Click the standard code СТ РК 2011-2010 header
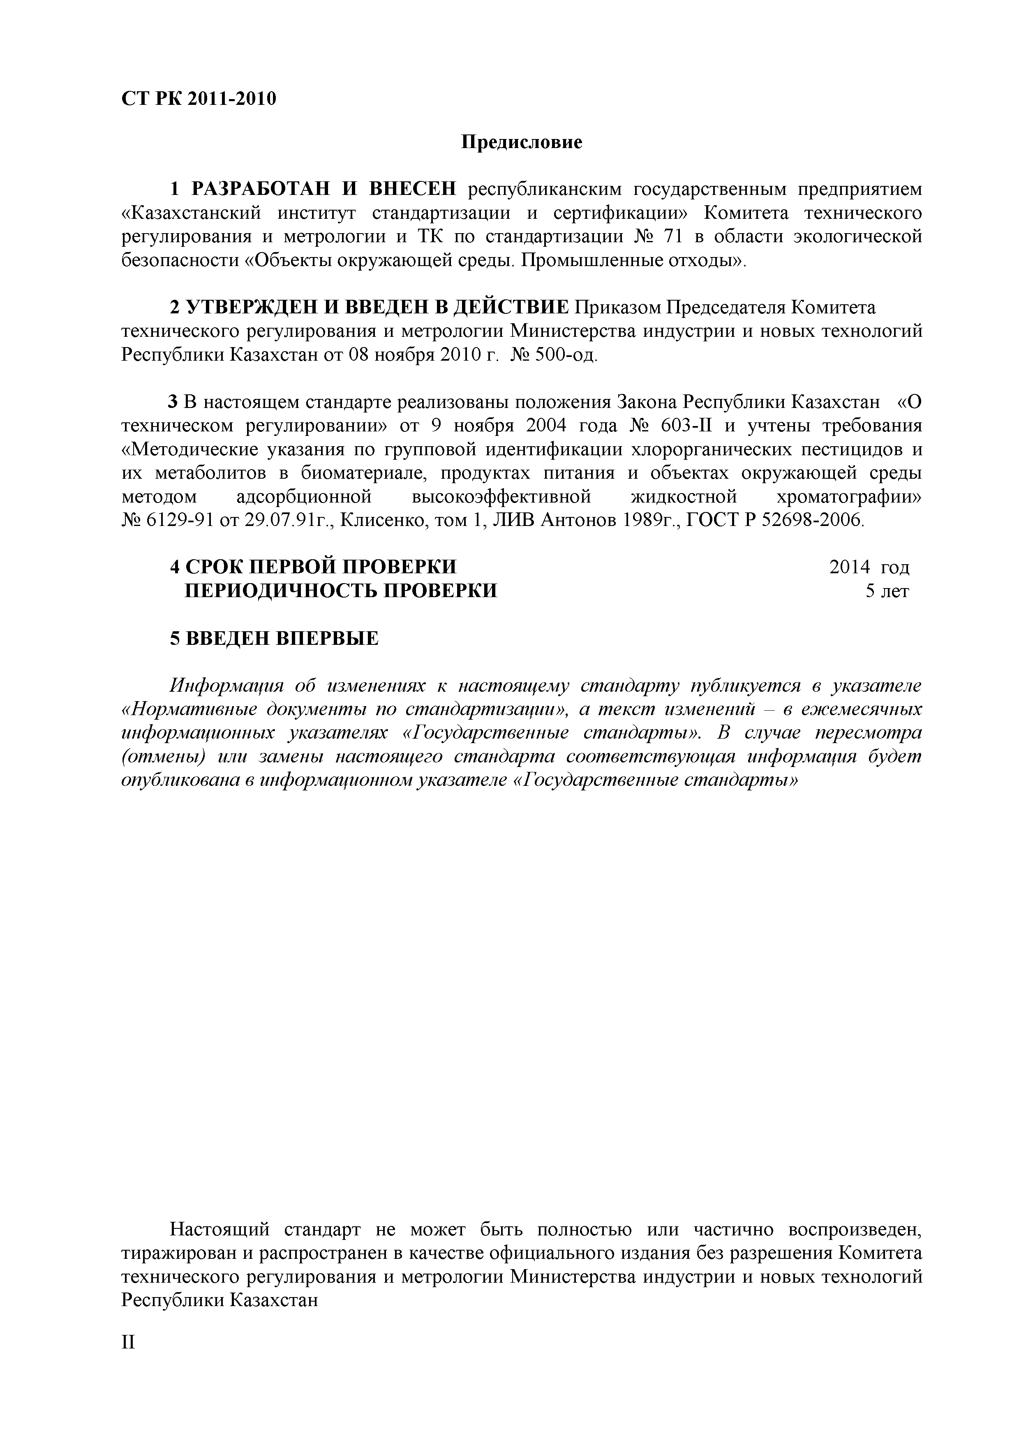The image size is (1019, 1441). click(x=198, y=99)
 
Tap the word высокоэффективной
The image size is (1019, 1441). click(x=501, y=497)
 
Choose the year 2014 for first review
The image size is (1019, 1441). click(x=850, y=568)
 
